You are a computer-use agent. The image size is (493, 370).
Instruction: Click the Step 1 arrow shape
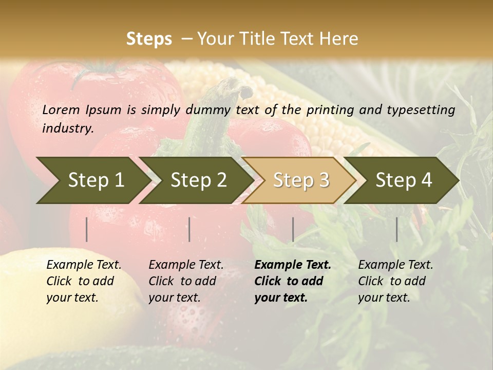[x=92, y=180]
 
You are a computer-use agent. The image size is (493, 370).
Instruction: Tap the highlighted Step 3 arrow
[x=300, y=180]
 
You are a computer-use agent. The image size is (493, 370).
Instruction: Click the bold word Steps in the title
[x=149, y=39]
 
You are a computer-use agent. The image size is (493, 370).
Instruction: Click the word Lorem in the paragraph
[x=61, y=109]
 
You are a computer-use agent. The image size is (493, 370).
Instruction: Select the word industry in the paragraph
[x=68, y=128]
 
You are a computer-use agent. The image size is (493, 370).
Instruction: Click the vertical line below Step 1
[x=87, y=229]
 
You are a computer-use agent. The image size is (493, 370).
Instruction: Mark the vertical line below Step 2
[x=189, y=229]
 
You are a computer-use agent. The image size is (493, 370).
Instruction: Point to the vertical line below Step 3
[x=293, y=229]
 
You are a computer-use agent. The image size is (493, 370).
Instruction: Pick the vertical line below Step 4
[x=397, y=229]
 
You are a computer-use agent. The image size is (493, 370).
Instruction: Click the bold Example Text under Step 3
[x=293, y=265]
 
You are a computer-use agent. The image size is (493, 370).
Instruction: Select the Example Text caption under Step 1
[x=84, y=265]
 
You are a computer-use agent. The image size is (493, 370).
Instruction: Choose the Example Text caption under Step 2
[x=186, y=265]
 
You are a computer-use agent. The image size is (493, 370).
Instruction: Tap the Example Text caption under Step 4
[x=395, y=265]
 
